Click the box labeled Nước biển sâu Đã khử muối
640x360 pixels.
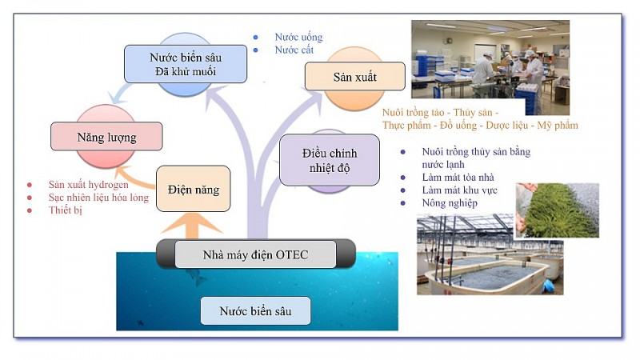tap(186, 64)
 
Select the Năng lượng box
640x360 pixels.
tap(106, 137)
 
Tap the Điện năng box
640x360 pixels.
tap(194, 190)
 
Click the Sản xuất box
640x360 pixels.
tap(354, 78)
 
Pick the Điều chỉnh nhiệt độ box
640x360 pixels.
tap(330, 161)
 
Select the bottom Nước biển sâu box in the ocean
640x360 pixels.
tap(254, 310)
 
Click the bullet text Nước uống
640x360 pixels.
tap(298, 37)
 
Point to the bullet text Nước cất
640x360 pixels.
tap(294, 50)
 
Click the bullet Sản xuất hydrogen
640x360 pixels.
tap(88, 184)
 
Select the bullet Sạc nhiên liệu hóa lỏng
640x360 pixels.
tap(98, 197)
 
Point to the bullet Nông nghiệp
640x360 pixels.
tap(450, 203)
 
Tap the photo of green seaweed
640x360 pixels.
tap(558, 210)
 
